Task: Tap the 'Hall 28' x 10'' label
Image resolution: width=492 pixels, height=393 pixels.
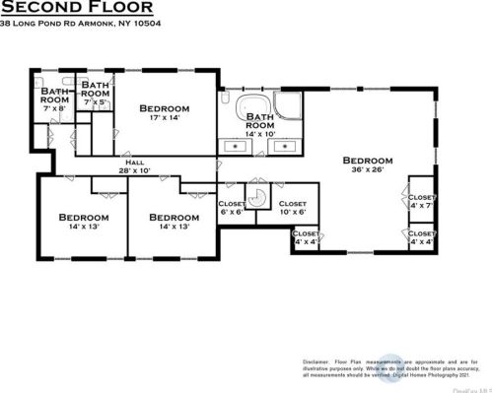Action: point(135,166)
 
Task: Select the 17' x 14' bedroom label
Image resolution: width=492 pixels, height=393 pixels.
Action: point(163,112)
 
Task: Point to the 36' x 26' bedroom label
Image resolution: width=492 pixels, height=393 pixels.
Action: point(368,164)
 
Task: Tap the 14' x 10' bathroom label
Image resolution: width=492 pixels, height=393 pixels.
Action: point(259,125)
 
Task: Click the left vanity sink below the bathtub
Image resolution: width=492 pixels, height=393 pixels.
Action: point(238,147)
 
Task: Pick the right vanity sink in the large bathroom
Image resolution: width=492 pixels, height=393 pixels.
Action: point(286,147)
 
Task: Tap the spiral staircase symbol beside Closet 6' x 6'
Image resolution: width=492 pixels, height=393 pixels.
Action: point(257,197)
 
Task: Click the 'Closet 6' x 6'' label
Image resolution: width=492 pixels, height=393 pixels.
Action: point(231,208)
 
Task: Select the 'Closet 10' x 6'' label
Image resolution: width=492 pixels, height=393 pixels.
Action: point(293,208)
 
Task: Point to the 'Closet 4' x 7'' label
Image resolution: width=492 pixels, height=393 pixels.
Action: point(421,201)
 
